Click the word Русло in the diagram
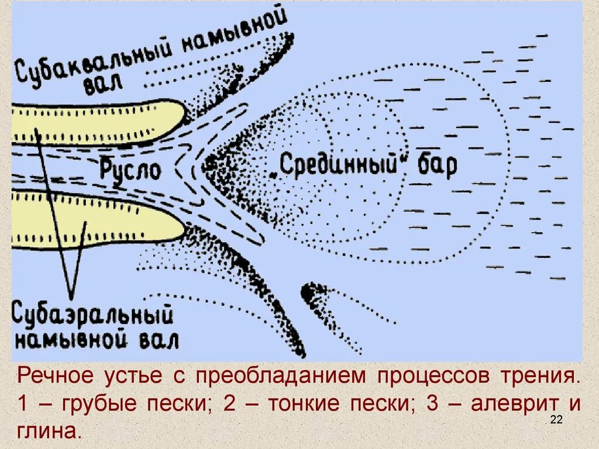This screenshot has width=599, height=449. pyautogui.click(x=130, y=170)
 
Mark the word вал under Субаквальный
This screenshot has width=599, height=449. pyautogui.click(x=104, y=86)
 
